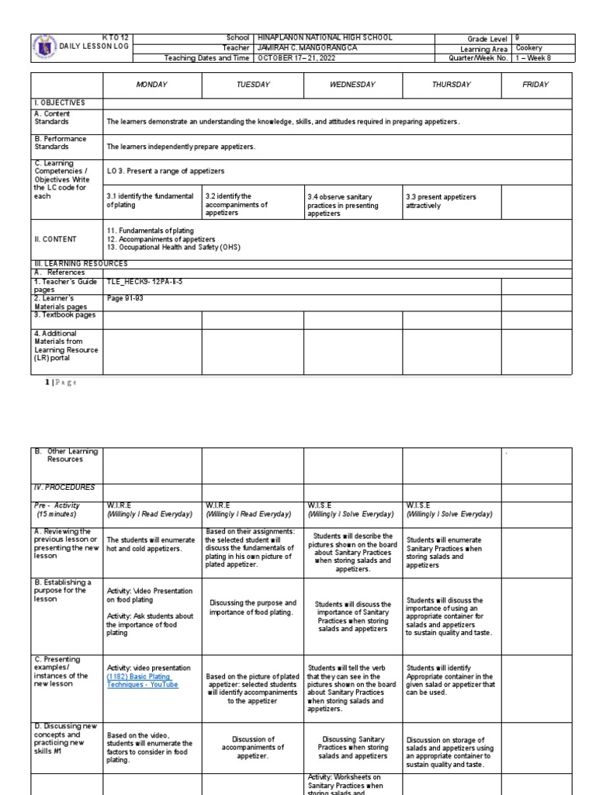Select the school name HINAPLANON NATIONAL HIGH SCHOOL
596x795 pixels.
324,37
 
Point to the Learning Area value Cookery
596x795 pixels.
529,47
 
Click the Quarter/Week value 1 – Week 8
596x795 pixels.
533,57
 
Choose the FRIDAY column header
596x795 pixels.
535,85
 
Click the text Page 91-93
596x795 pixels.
125,297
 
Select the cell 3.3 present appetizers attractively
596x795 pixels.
440,201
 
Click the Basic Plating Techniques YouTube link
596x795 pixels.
142,680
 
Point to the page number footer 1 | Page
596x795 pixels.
55,382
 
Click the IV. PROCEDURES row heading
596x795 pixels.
64,488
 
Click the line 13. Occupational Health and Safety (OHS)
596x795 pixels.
173,247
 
